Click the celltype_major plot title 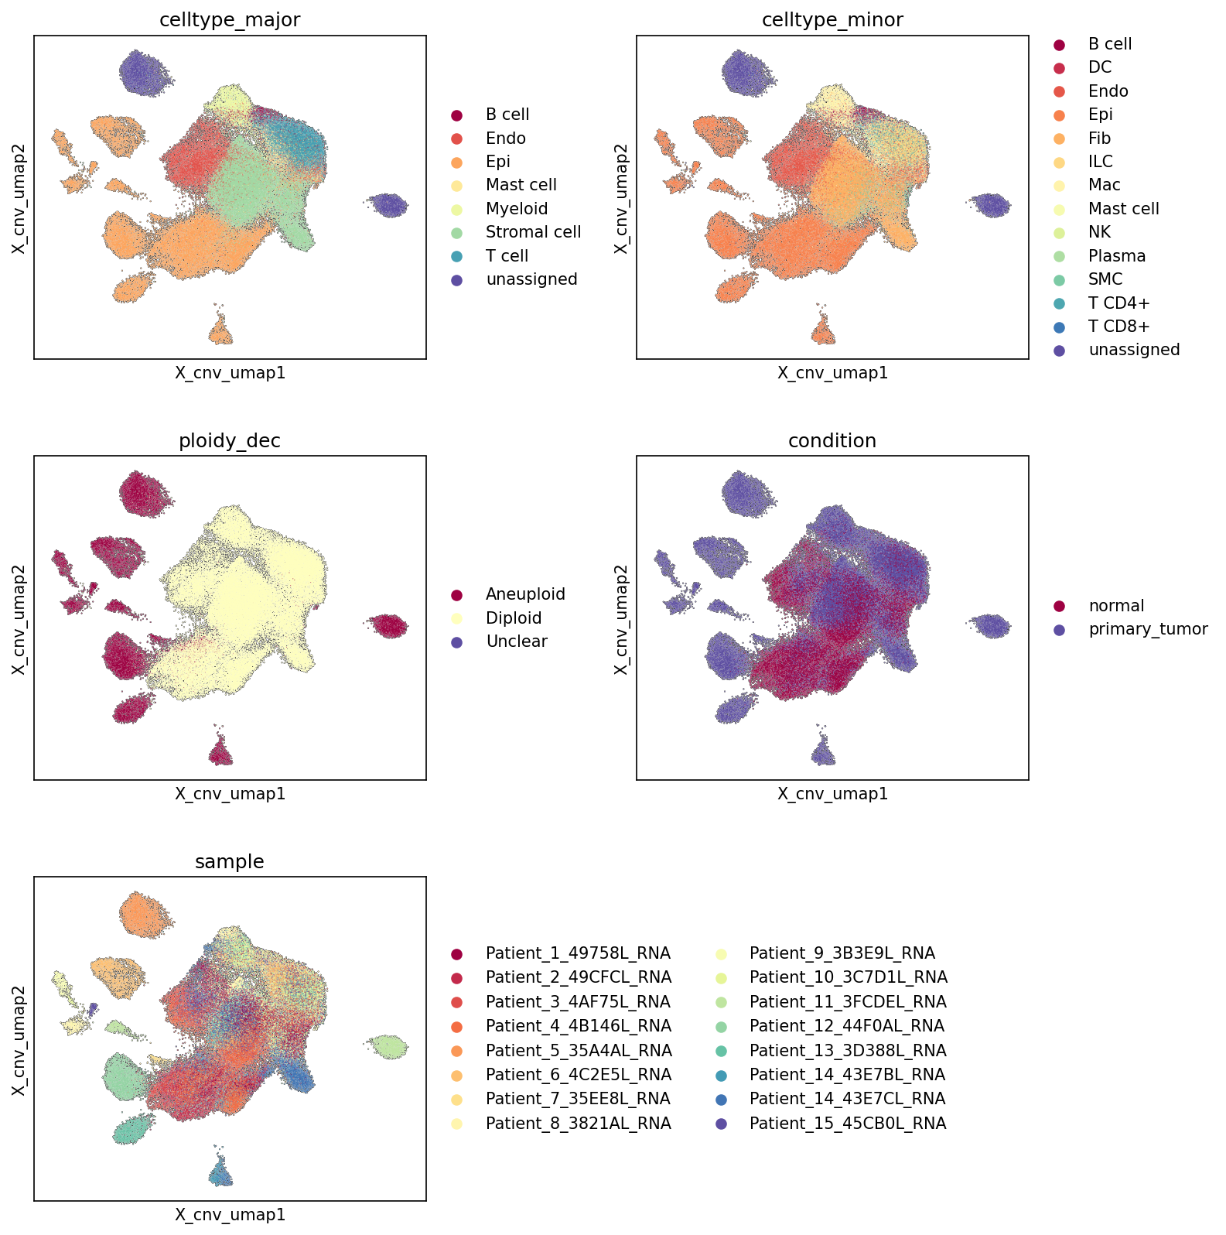click(x=230, y=20)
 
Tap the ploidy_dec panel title click(x=230, y=441)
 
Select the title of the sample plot click(x=230, y=862)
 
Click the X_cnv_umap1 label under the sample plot click(x=230, y=1215)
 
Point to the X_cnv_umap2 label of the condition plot click(x=620, y=618)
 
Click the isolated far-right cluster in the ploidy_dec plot click(x=388, y=625)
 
